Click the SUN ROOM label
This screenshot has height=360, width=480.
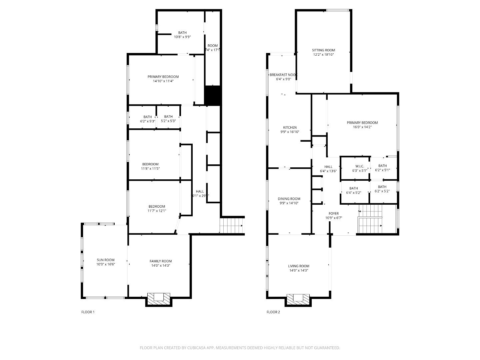pos(105,260)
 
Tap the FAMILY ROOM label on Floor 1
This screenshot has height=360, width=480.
pos(161,261)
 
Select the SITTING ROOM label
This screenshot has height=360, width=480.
pos(323,50)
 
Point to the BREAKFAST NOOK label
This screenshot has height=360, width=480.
pos(283,75)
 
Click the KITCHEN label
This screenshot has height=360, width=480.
pos(290,128)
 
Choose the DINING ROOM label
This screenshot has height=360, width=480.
pos(289,199)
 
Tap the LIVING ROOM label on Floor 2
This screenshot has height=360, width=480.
pos(298,266)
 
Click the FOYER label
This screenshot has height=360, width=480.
pos(333,214)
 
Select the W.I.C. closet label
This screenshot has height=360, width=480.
pos(359,166)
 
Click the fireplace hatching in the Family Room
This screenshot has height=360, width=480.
pos(159,298)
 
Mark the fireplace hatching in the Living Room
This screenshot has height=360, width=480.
pos(298,298)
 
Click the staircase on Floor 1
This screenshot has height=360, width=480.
pos(232,226)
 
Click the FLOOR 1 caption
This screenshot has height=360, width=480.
pos(88,312)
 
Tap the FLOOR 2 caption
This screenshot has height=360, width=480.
pos(273,312)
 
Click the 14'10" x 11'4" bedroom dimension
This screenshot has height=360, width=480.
pos(163,81)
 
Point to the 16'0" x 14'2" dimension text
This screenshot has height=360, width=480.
pos(362,127)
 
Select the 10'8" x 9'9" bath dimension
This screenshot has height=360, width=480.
pos(182,37)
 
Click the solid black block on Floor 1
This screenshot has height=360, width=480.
pos(212,95)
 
